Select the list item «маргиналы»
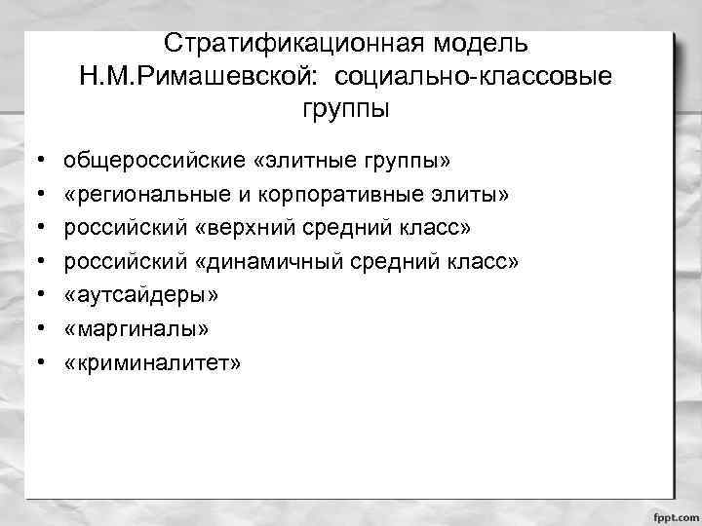click(136, 329)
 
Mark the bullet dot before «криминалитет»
click(33, 363)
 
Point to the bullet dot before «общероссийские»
click(33, 158)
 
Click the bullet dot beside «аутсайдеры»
click(33, 295)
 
